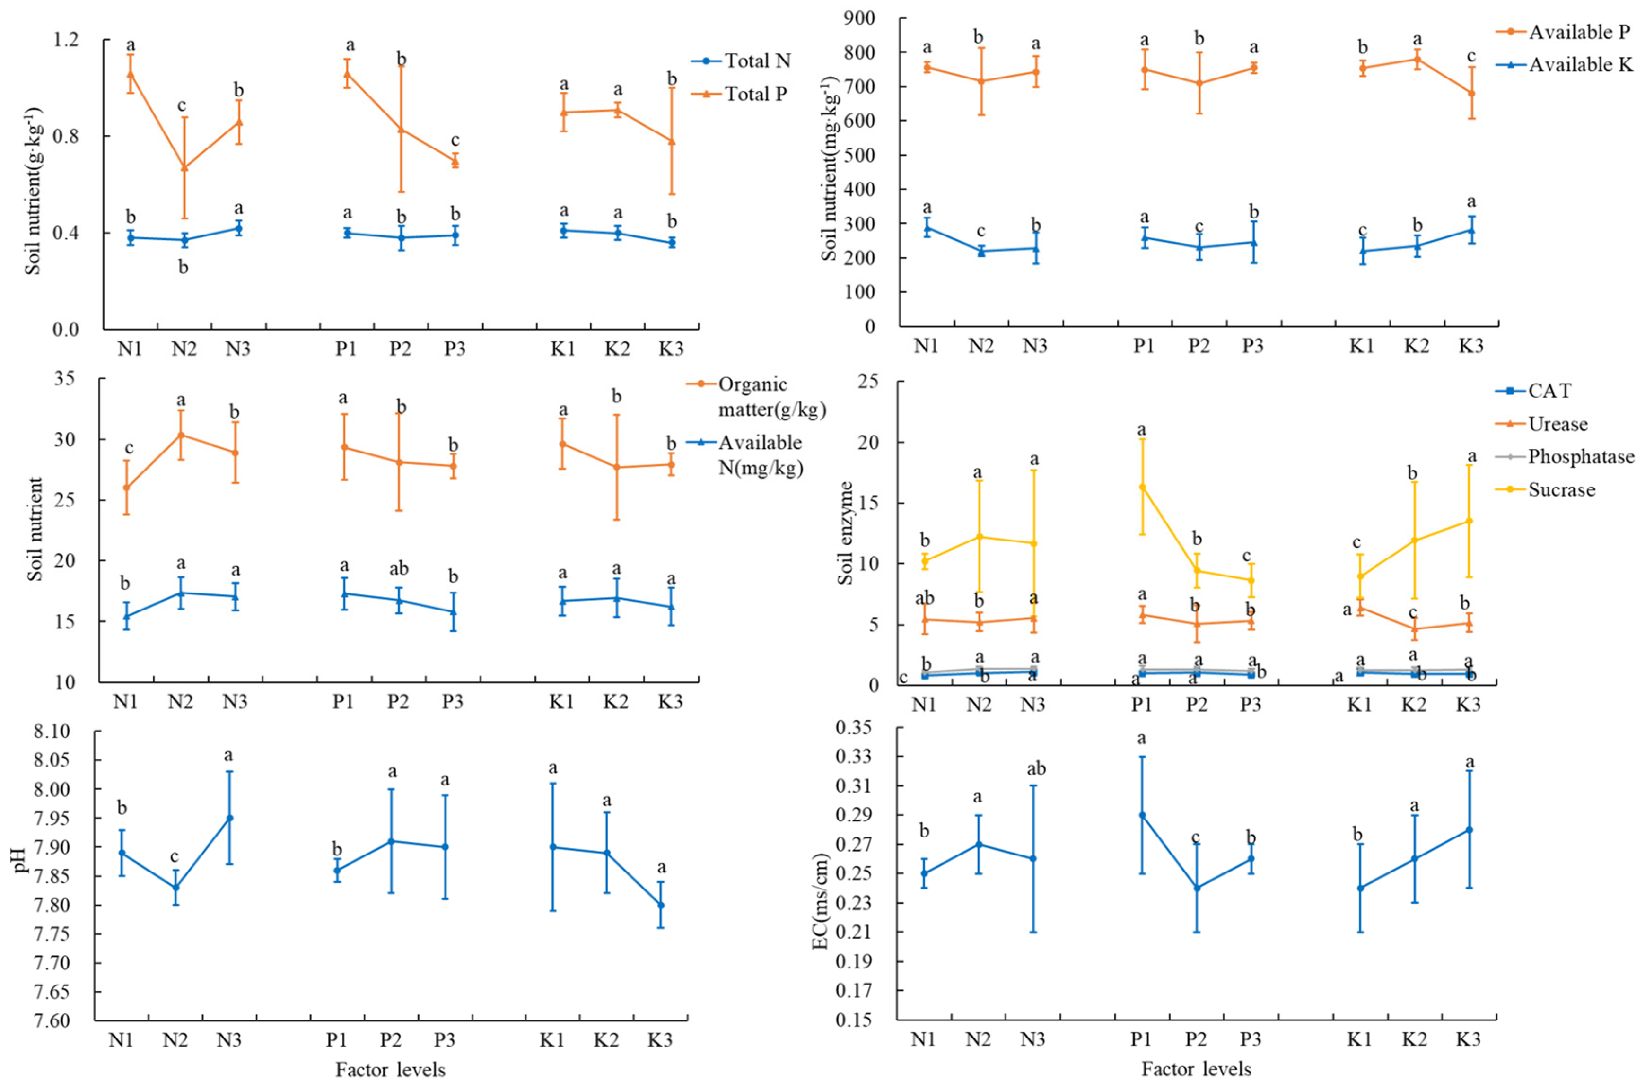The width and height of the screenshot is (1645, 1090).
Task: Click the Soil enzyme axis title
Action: coord(846,532)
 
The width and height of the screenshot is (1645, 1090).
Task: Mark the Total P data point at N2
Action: coord(184,167)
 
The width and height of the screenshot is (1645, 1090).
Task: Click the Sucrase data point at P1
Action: coord(1142,487)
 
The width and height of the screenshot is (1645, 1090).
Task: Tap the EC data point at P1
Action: coord(1142,814)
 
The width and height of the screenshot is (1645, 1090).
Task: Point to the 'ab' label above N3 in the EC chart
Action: coord(1036,769)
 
